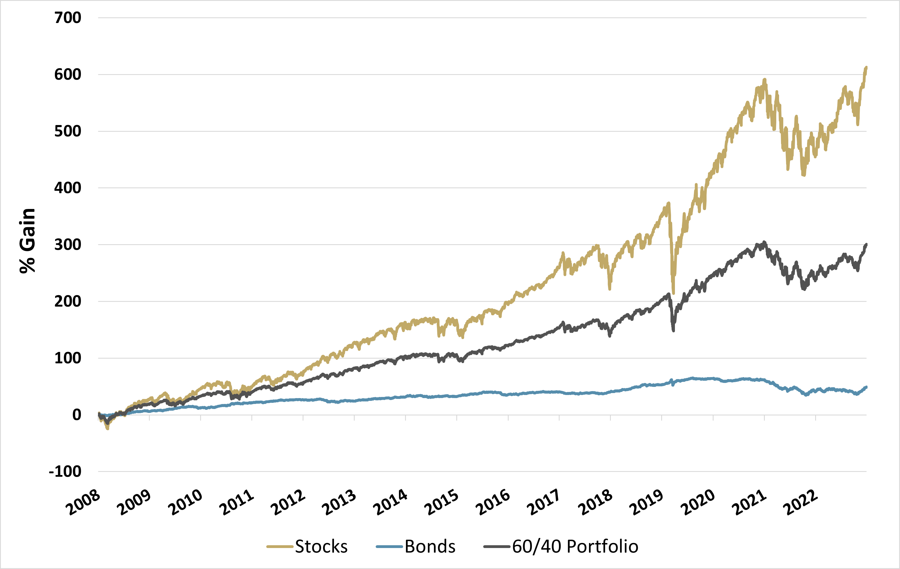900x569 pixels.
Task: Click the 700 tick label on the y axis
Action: (68, 18)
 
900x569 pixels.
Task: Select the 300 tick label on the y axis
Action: (68, 245)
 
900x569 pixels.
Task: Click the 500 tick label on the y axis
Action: (68, 131)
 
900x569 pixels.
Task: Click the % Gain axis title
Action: (27, 241)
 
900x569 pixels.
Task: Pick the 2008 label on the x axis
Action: (83, 503)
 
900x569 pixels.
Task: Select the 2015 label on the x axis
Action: (441, 503)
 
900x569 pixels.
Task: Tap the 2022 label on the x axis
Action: (800, 503)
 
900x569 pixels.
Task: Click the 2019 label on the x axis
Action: (646, 503)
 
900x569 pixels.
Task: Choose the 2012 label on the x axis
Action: (288, 503)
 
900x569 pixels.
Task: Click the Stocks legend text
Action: (321, 547)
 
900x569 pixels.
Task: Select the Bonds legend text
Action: (430, 547)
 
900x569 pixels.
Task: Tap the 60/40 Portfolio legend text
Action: (575, 547)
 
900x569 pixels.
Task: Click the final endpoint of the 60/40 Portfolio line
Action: (866, 244)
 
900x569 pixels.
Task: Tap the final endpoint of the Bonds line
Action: (866, 387)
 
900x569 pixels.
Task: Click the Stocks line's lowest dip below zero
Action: (108, 429)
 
